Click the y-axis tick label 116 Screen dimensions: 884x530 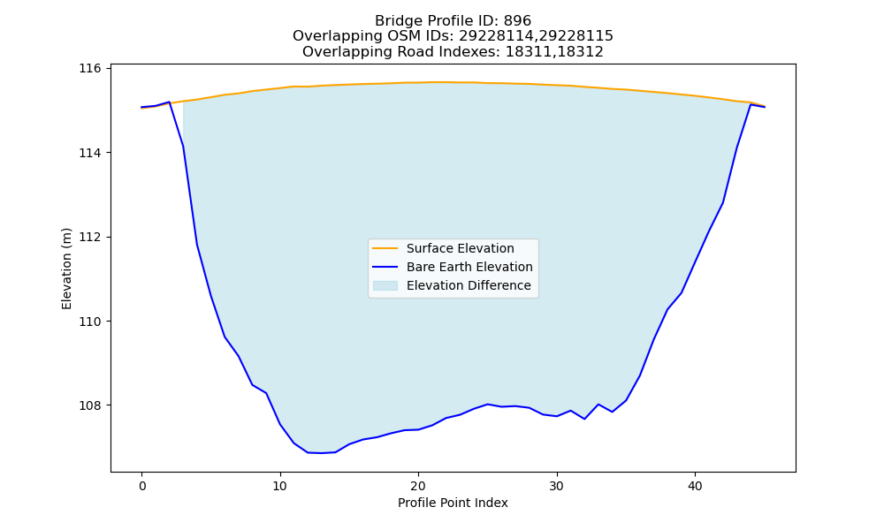pyautogui.click(x=90, y=69)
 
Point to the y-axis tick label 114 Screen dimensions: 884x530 pyautogui.click(x=90, y=153)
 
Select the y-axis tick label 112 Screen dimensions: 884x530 pyautogui.click(x=90, y=237)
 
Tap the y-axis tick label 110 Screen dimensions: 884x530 pyautogui.click(x=90, y=322)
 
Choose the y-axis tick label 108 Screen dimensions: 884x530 pyautogui.click(x=90, y=405)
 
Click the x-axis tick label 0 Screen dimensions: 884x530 pyautogui.click(x=142, y=486)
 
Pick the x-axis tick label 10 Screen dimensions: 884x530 pyautogui.click(x=280, y=486)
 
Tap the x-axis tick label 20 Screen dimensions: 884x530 pyautogui.click(x=418, y=486)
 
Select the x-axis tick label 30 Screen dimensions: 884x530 pyautogui.click(x=557, y=486)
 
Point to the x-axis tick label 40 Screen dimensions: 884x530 pyautogui.click(x=695, y=486)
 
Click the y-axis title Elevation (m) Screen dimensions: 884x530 pyautogui.click(x=66, y=269)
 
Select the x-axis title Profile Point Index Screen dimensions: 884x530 pyautogui.click(x=453, y=503)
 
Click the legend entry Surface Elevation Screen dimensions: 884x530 pyautogui.click(x=460, y=248)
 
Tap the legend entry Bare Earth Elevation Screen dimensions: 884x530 pyautogui.click(x=469, y=267)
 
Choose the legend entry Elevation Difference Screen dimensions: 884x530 pyautogui.click(x=469, y=285)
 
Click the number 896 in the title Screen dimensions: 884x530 pyautogui.click(x=517, y=21)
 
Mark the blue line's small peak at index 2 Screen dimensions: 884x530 pyautogui.click(x=169, y=102)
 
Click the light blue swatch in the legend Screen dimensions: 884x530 pyautogui.click(x=385, y=285)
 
